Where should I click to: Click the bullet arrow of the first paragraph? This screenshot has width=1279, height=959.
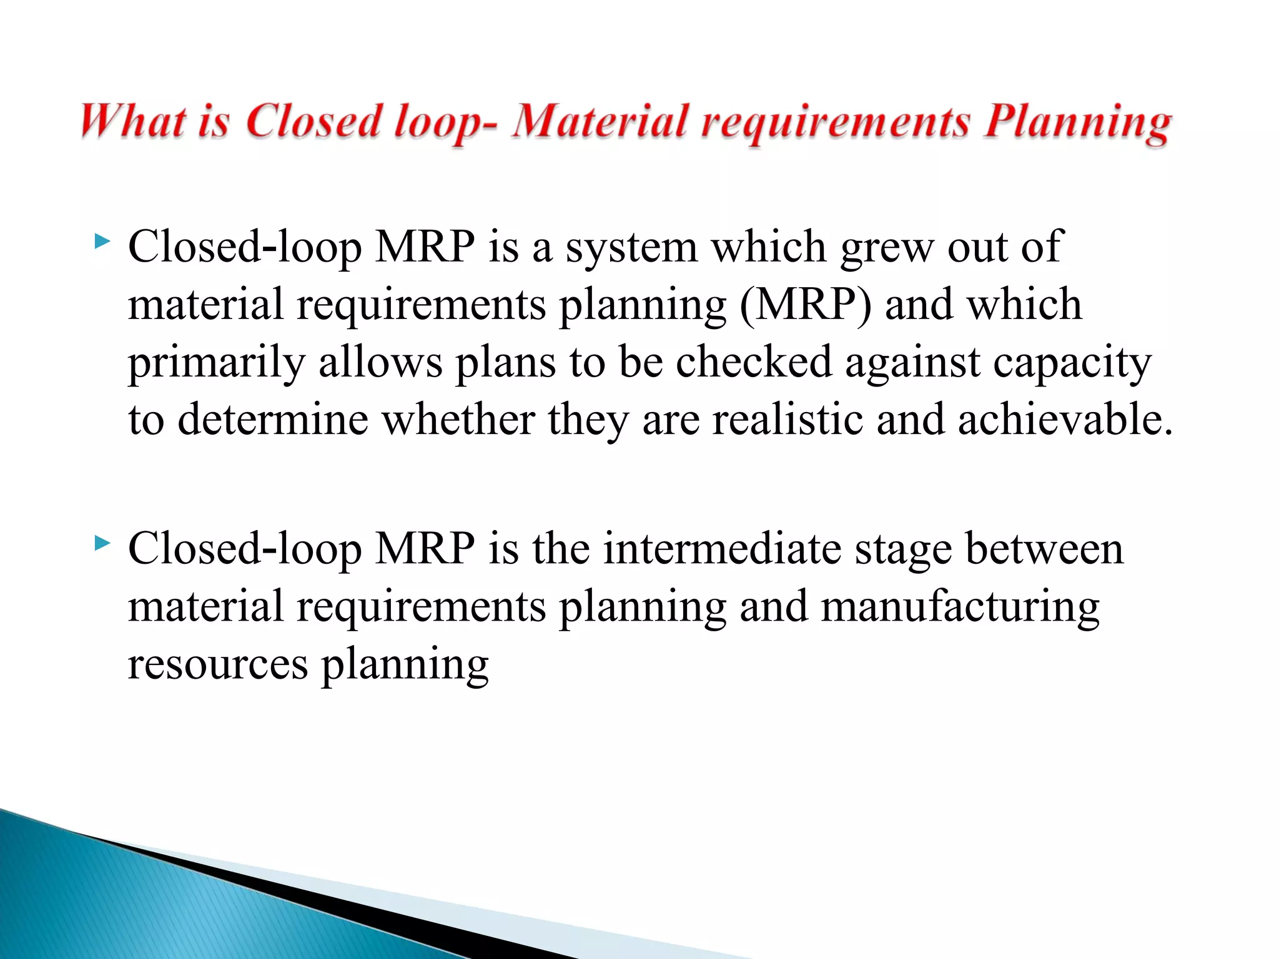click(102, 241)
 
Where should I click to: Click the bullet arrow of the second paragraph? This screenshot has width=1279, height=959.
click(102, 543)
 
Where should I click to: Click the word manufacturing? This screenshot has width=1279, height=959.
click(959, 607)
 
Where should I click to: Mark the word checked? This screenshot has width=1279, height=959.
click(754, 362)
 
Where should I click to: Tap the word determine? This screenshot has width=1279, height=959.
click(273, 420)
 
